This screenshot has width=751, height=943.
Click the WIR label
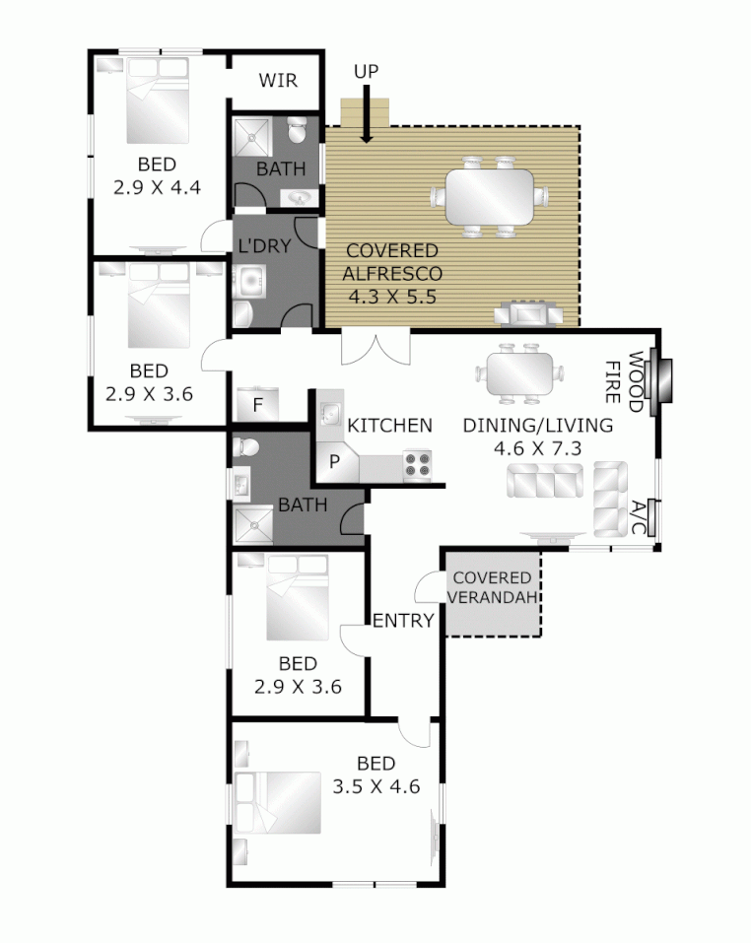(278, 81)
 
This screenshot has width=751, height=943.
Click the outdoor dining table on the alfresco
(490, 196)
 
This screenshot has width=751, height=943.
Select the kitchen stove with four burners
(419, 465)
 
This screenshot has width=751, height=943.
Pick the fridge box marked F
(257, 405)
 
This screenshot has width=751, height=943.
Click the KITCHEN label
(390, 425)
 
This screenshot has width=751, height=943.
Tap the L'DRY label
(265, 246)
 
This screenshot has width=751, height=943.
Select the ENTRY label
(403, 620)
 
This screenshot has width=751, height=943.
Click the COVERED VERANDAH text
(492, 586)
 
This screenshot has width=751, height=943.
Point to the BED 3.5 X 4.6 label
(375, 775)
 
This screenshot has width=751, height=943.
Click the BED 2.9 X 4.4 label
(157, 174)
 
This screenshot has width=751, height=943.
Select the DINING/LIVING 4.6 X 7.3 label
(538, 437)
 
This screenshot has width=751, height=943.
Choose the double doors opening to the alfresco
(375, 346)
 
